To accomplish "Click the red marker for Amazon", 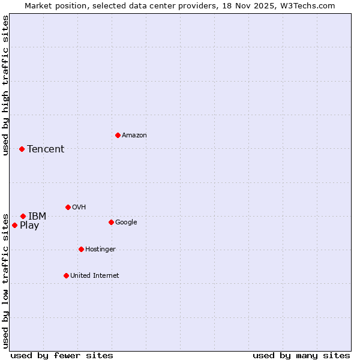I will click(x=118, y=135).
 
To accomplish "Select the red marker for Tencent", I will click(x=22, y=149).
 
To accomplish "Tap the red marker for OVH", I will click(x=68, y=207).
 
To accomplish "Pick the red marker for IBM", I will click(x=23, y=216).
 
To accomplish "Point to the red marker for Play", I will click(x=14, y=225).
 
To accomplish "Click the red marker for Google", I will click(x=111, y=222).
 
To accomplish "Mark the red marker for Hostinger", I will click(x=81, y=249).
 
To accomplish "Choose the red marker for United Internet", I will click(x=66, y=275).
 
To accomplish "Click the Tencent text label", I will click(x=46, y=149).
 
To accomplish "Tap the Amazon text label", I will click(x=134, y=136).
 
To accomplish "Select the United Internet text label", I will click(x=94, y=276).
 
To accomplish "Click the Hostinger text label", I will click(x=100, y=250).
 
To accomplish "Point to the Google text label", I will click(x=126, y=223).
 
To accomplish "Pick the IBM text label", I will click(x=37, y=217).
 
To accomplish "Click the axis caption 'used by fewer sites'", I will click(x=62, y=355).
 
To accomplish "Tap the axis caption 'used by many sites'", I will click(x=301, y=355).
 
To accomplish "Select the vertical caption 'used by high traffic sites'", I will click(x=5, y=85).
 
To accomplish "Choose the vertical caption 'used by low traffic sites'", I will click(x=5, y=280).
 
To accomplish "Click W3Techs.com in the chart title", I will click(x=305, y=5).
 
